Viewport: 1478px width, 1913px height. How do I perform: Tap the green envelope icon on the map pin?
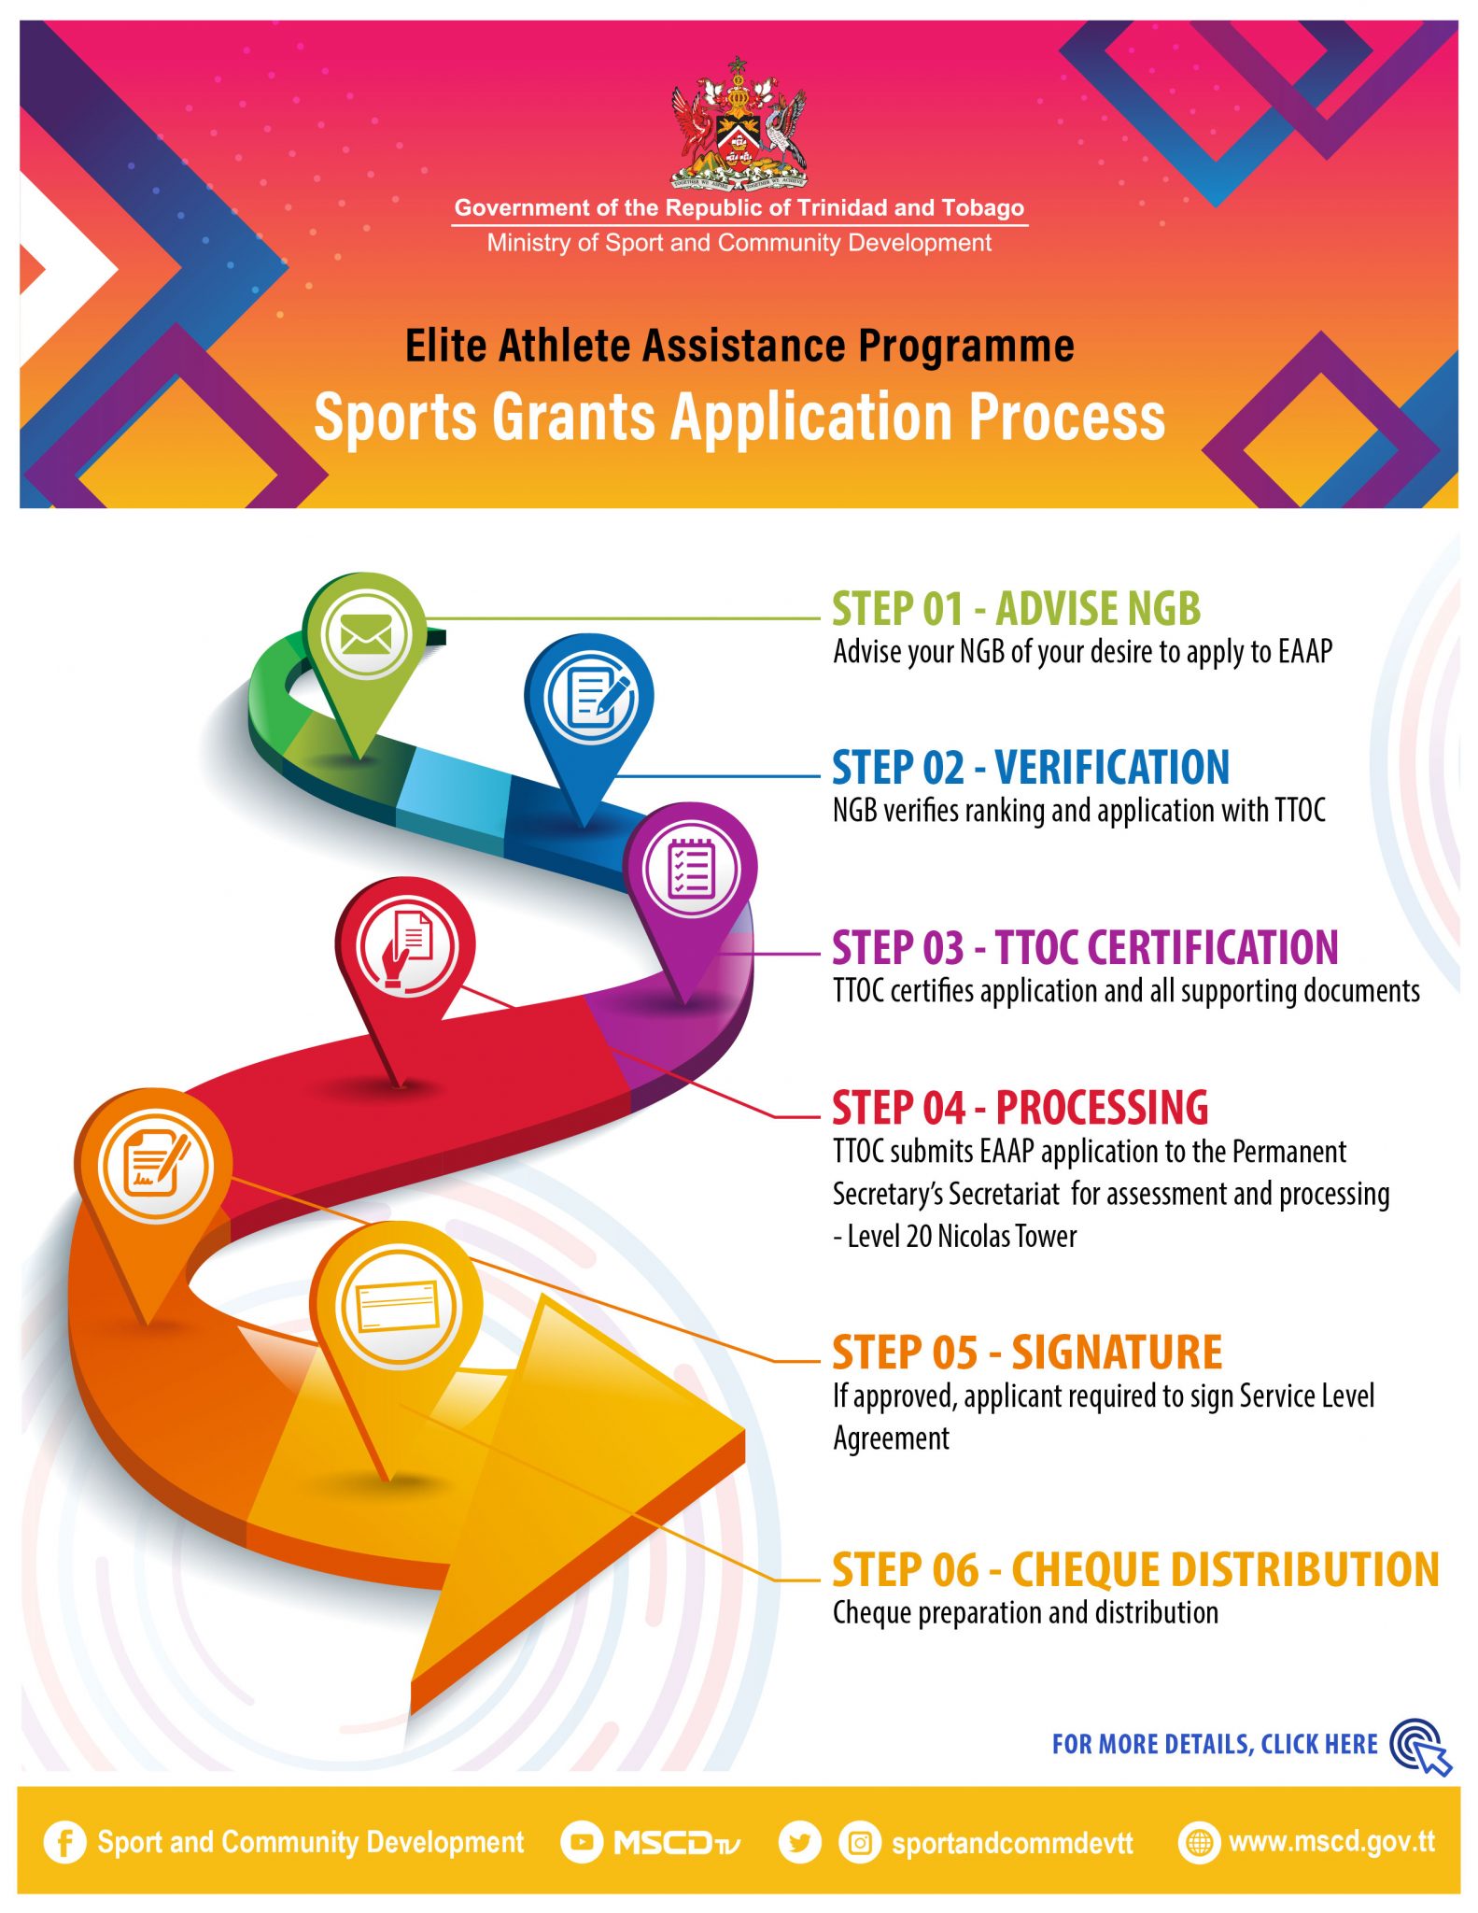pyautogui.click(x=366, y=635)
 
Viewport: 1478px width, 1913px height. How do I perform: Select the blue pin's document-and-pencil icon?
pyautogui.click(x=591, y=697)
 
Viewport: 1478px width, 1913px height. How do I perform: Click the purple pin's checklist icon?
pyautogui.click(x=691, y=869)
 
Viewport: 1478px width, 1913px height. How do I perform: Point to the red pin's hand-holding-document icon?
pyautogui.click(x=406, y=946)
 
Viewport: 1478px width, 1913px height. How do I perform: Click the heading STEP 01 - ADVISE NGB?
pyautogui.click(x=1016, y=609)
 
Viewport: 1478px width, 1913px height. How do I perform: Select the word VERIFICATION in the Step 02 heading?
pyautogui.click(x=1112, y=768)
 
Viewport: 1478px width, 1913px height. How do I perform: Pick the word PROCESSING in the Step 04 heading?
pyautogui.click(x=1102, y=1109)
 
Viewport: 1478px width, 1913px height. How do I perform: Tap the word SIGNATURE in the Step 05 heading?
pyautogui.click(x=1117, y=1353)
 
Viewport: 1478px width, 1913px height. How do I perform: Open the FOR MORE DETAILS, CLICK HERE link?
pyautogui.click(x=1214, y=1745)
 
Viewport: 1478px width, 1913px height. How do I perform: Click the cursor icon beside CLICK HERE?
pyautogui.click(x=1422, y=1747)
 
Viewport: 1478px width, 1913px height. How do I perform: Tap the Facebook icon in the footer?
pyautogui.click(x=64, y=1843)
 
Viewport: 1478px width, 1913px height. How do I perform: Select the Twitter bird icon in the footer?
pyautogui.click(x=799, y=1843)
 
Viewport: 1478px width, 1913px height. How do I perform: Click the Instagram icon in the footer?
pyautogui.click(x=860, y=1843)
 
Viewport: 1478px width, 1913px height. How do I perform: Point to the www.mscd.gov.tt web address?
pyautogui.click(x=1330, y=1842)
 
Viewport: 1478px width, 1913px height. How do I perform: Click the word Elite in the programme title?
pyautogui.click(x=446, y=346)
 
